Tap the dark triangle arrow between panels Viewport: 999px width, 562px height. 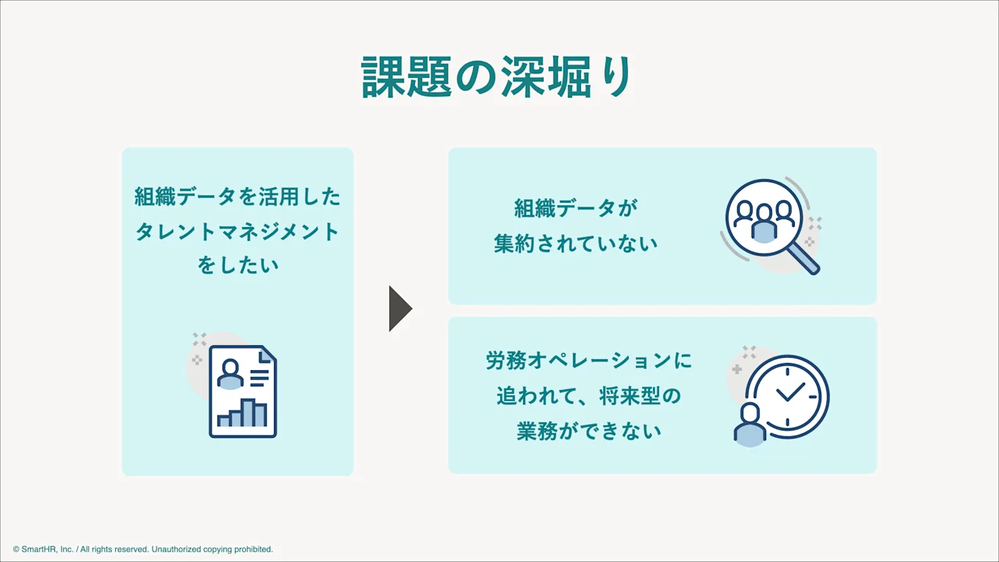coord(400,309)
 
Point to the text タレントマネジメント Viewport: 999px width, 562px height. coord(237,231)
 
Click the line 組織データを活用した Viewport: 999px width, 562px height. coord(237,197)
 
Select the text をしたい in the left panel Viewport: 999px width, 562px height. coord(237,264)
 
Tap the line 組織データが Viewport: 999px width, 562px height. coord(575,209)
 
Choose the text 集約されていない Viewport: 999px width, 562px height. coord(575,244)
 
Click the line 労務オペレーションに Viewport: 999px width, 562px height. coord(588,361)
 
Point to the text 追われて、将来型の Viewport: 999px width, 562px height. coord(588,396)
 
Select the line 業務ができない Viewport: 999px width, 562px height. coord(588,431)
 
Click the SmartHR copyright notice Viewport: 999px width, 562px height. coord(143,550)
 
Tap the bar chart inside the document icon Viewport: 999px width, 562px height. coord(242,413)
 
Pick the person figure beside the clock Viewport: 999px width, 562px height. coord(750,424)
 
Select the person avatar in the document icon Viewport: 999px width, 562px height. coord(230,373)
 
